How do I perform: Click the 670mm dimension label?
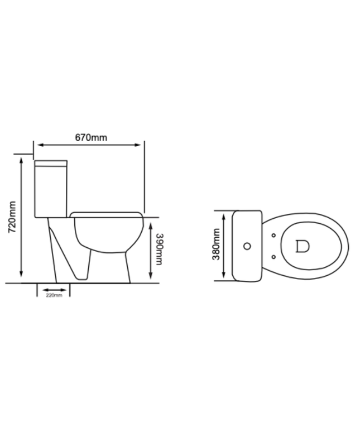click(x=91, y=137)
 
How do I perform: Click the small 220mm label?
click(x=54, y=295)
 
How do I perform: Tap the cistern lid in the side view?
click(x=51, y=163)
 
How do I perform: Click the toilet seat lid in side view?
click(x=105, y=214)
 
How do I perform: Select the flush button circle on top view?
click(x=247, y=246)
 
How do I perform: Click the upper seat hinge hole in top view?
click(x=273, y=236)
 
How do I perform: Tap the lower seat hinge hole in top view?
click(x=273, y=257)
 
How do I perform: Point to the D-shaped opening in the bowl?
click(x=302, y=246)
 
